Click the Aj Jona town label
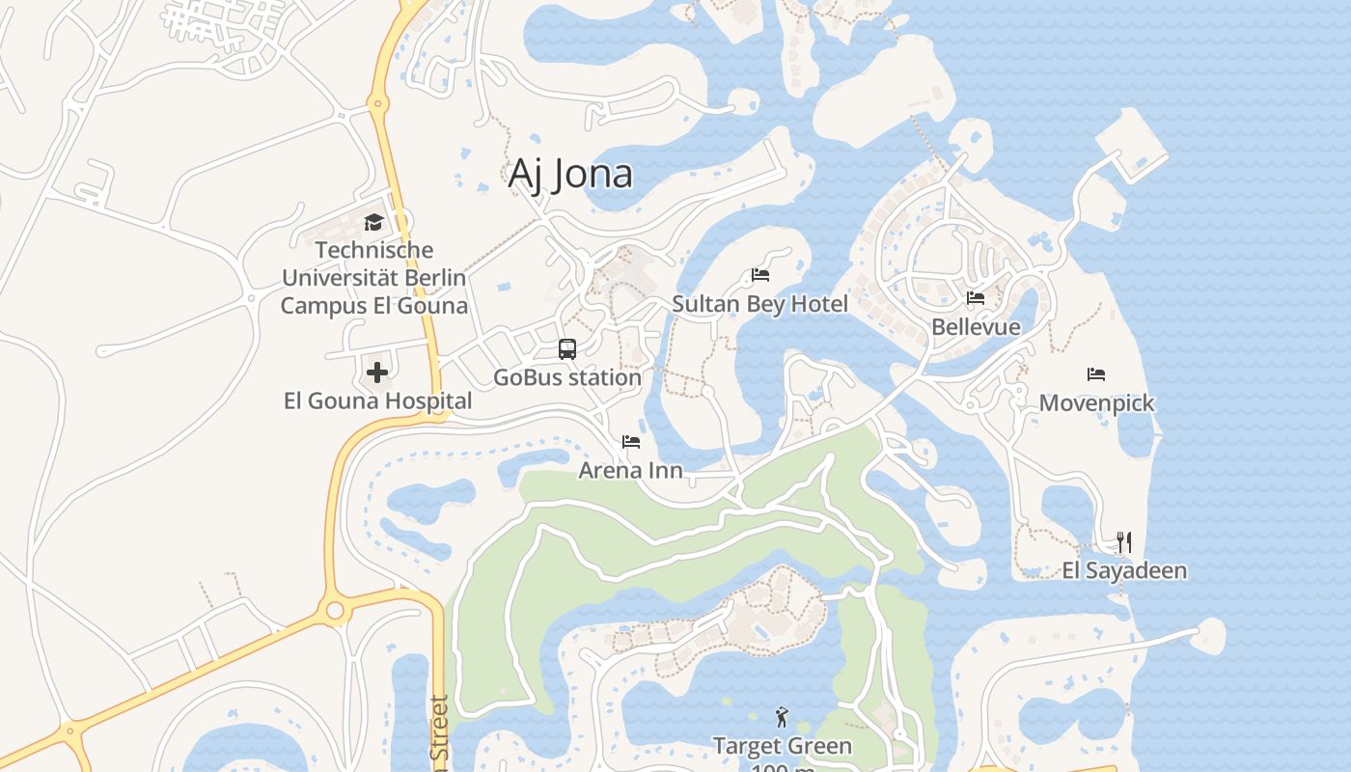tap(570, 174)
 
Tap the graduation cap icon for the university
tap(373, 223)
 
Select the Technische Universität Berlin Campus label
tap(373, 278)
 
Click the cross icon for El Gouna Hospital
tap(377, 372)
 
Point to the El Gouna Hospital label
tap(377, 400)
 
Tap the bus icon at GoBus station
tap(567, 349)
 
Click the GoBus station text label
tap(567, 377)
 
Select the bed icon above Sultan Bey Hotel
tap(760, 275)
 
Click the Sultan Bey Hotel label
tap(760, 304)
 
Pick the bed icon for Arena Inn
tap(631, 442)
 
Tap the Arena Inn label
tap(631, 470)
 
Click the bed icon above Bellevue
tap(976, 298)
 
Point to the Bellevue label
tap(976, 327)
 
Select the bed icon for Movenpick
tap(1096, 374)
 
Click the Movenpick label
tap(1096, 402)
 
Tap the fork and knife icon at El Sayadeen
tap(1124, 541)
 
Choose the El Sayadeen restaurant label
tap(1124, 570)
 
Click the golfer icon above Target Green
tap(782, 717)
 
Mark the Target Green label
tap(782, 746)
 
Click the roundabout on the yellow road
tap(335, 610)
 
